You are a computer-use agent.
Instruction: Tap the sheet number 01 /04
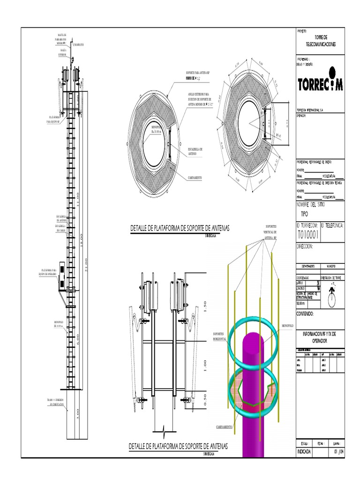point(336,451)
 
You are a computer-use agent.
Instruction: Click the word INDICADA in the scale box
point(304,451)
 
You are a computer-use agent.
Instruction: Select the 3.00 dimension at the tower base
point(77,414)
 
